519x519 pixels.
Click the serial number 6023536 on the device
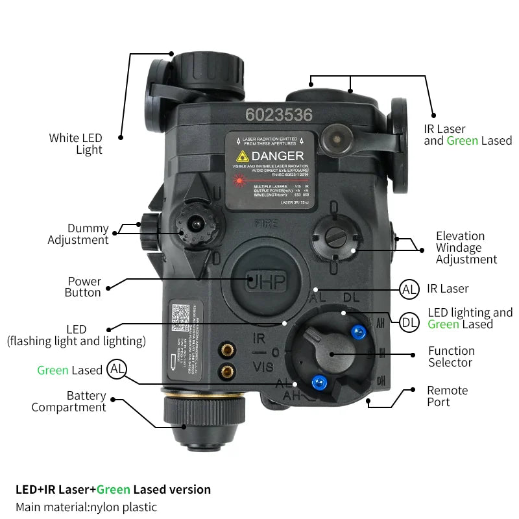279,115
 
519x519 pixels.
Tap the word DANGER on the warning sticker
277,156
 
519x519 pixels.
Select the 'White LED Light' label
75,144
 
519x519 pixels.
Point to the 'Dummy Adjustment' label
78,234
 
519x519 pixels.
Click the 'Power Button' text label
84,287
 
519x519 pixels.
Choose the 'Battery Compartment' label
68,402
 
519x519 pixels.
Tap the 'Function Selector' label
451,356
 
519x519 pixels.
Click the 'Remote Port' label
447,396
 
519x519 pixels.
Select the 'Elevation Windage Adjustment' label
466,248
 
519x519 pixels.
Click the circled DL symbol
409,322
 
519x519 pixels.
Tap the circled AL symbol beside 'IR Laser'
409,289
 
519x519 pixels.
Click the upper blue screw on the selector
357,332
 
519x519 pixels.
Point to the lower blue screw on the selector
318,381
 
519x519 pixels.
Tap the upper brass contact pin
228,349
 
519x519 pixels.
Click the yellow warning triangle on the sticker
243,156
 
